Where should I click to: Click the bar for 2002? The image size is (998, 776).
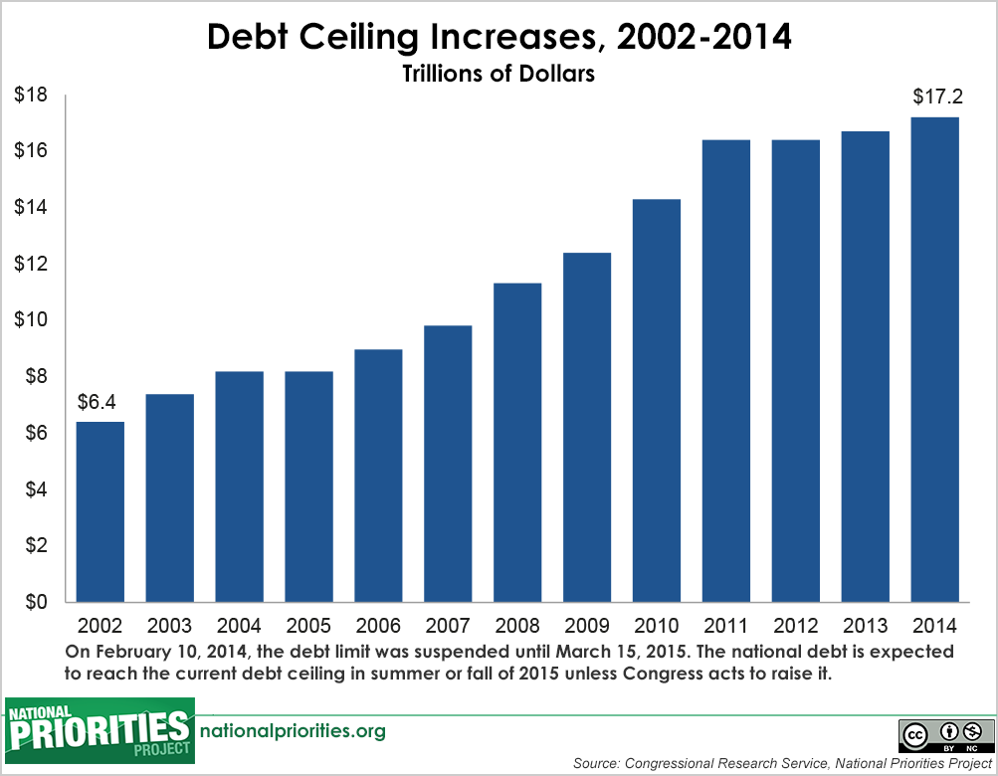pyautogui.click(x=100, y=511)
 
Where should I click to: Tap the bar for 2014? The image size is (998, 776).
pyautogui.click(x=934, y=359)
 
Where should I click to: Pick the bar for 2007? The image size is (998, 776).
pyautogui.click(x=448, y=464)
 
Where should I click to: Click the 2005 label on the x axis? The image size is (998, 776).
pyautogui.click(x=308, y=627)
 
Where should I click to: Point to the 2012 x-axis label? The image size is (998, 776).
pyautogui.click(x=795, y=627)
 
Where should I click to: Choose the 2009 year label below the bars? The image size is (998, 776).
pyautogui.click(x=587, y=627)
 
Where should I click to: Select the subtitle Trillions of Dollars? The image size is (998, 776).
pyautogui.click(x=499, y=75)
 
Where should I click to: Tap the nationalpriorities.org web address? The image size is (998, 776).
pyautogui.click(x=293, y=731)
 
